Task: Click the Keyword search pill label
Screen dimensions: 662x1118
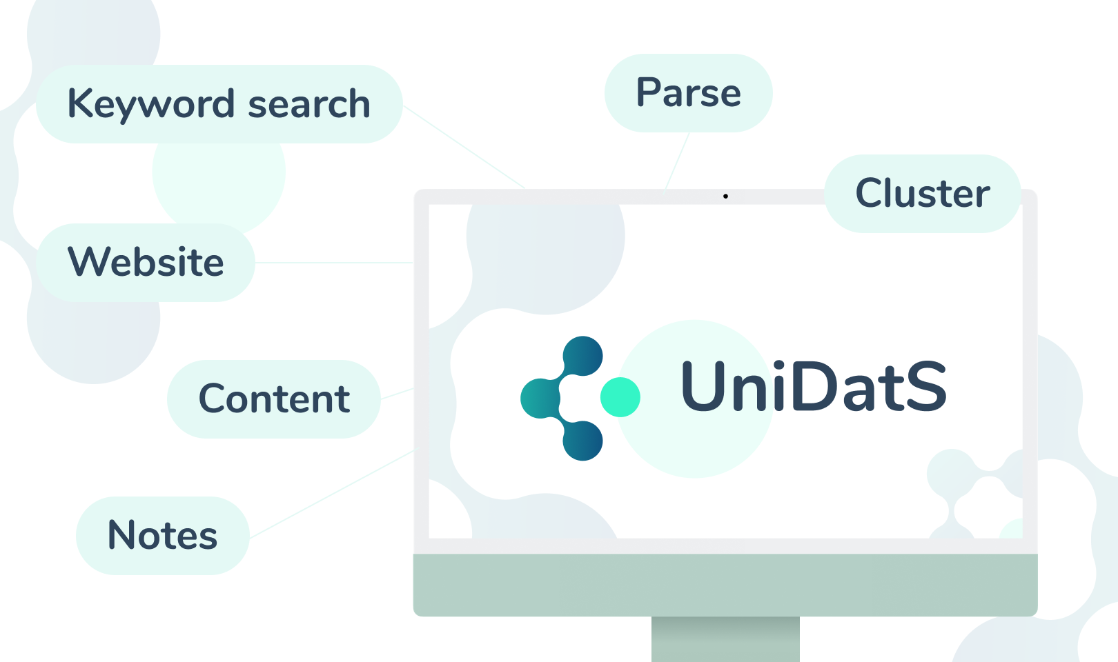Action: tap(219, 104)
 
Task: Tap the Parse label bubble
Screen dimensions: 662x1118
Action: tap(688, 93)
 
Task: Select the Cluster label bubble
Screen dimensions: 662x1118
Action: tap(922, 194)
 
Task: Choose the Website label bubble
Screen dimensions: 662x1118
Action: tap(146, 263)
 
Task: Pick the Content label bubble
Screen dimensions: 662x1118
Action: tap(274, 399)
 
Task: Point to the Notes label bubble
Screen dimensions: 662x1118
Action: tap(163, 536)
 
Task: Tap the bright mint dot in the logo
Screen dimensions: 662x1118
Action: tap(620, 397)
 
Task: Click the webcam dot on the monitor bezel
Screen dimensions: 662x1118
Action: tap(725, 197)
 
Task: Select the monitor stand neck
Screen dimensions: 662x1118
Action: tap(725, 639)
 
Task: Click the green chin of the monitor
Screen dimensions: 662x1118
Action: tap(725, 585)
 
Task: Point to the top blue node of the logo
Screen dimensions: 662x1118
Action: tap(583, 356)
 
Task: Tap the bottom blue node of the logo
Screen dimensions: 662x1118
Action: tap(583, 440)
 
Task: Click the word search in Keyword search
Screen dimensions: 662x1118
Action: tap(308, 104)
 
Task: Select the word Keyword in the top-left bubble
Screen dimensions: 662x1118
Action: tap(150, 104)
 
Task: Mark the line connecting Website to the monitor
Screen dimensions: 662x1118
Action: tap(334, 263)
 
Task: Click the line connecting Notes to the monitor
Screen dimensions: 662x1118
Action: tap(331, 494)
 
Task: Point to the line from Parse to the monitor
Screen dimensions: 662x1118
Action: tap(678, 160)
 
